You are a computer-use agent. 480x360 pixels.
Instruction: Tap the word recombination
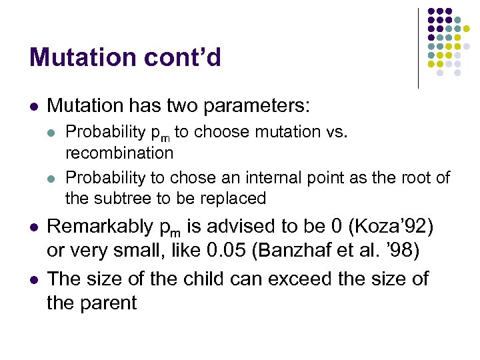[x=119, y=153]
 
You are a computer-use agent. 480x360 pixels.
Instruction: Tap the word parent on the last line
[x=111, y=304]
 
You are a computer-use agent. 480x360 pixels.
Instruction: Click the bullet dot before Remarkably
[x=33, y=228]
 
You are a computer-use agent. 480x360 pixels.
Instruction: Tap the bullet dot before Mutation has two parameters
[x=33, y=106]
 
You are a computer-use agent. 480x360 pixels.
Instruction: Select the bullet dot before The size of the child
[x=33, y=279]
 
